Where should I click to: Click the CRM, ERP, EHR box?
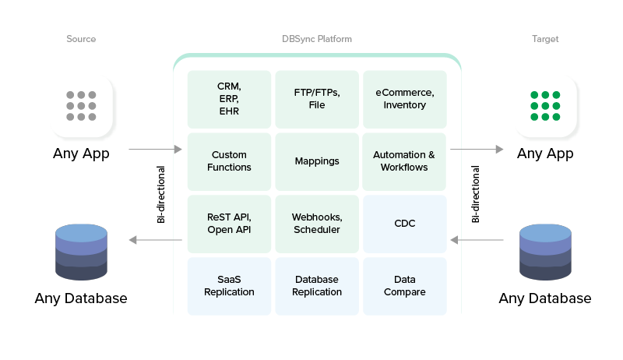click(229, 99)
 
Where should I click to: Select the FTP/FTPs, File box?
click(317, 99)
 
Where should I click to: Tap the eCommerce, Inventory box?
click(404, 99)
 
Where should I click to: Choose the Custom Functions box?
click(229, 161)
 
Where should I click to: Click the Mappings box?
click(317, 161)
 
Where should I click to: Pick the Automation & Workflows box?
click(404, 161)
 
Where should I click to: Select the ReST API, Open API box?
click(229, 224)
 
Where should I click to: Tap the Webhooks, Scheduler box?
click(317, 224)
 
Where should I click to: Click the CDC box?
click(404, 224)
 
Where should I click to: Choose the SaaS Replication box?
click(229, 286)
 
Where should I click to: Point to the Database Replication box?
click(317, 286)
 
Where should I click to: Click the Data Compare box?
click(404, 286)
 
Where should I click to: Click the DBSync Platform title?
click(317, 39)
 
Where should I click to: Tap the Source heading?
click(81, 39)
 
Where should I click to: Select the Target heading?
click(545, 39)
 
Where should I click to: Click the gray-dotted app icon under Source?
click(81, 107)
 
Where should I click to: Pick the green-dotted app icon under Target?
click(545, 107)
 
